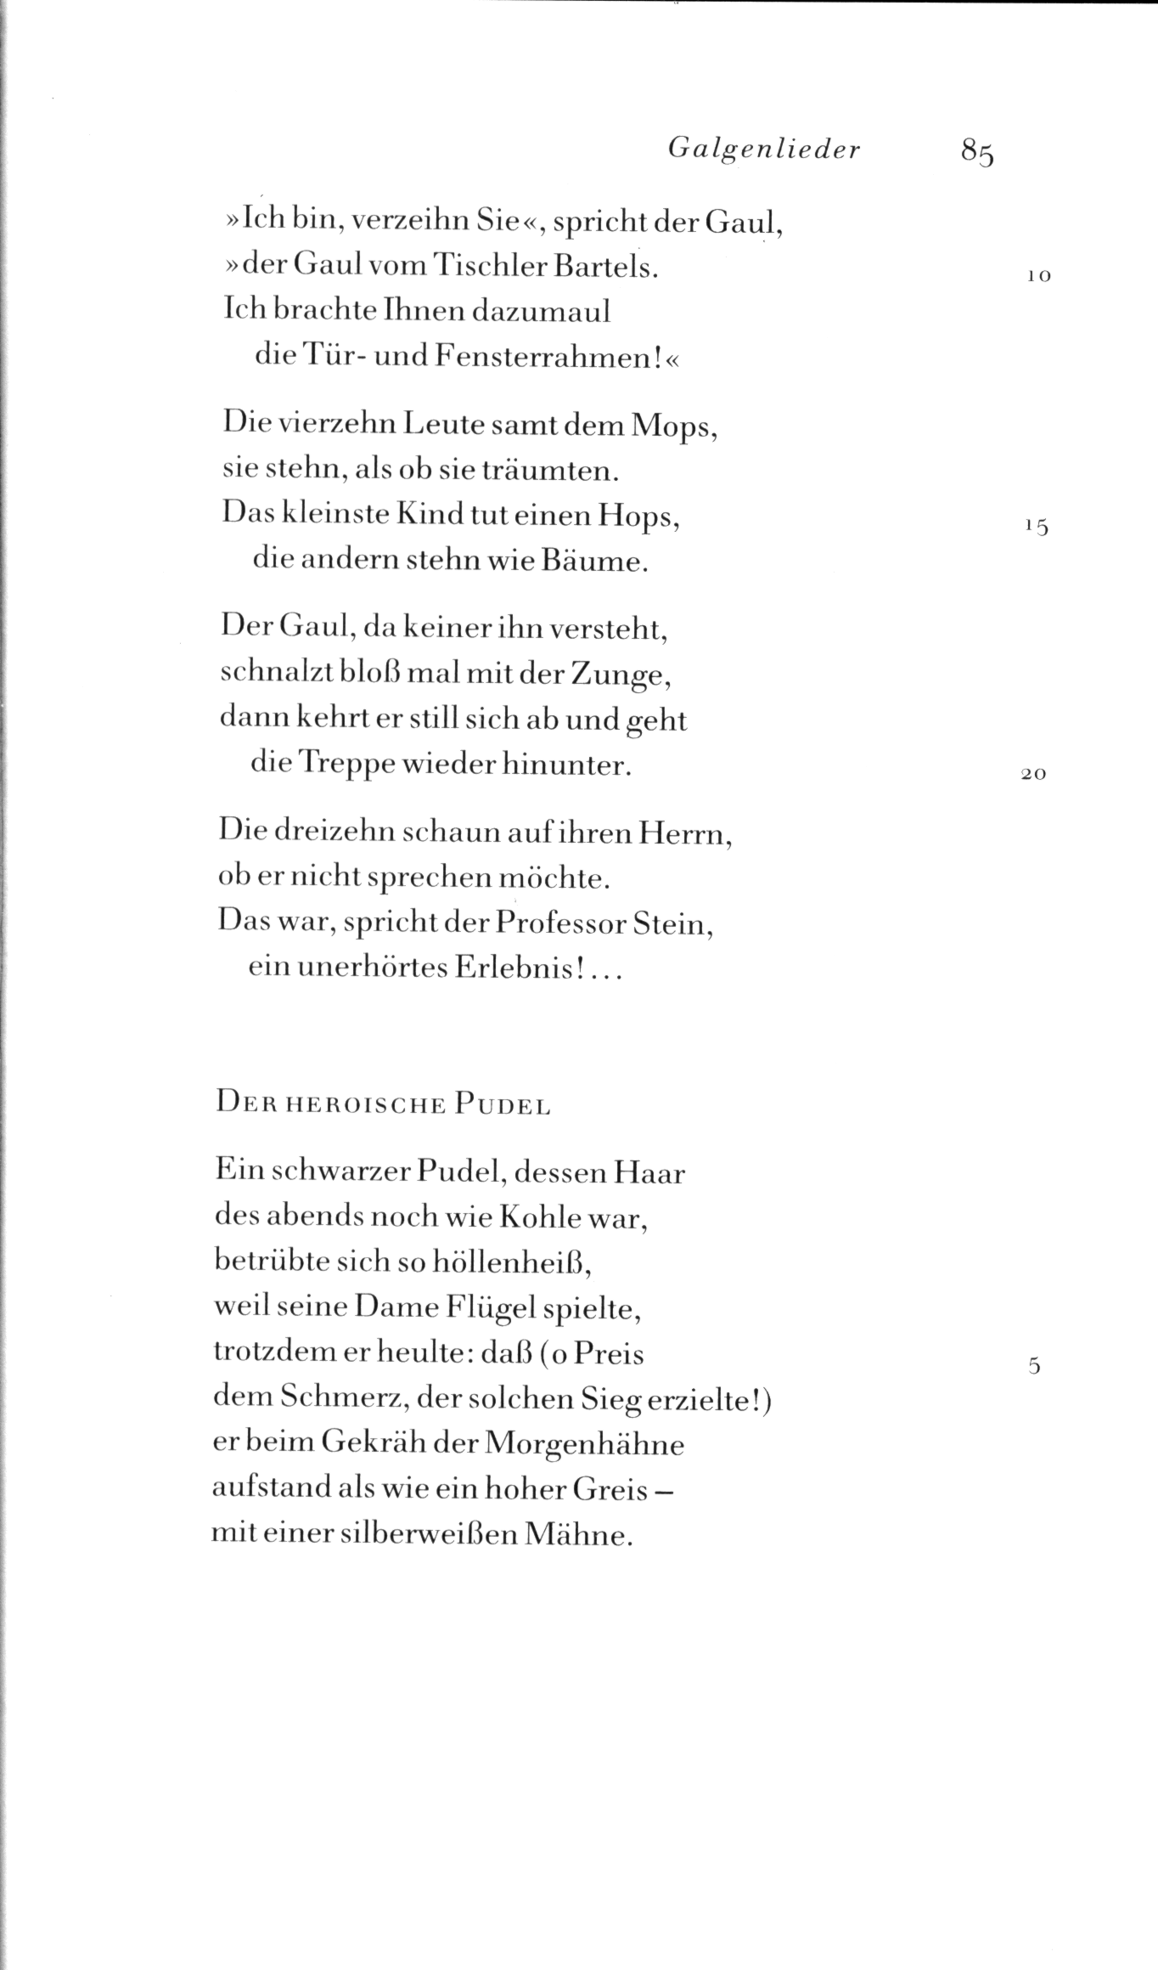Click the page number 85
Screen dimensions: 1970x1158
coord(977,152)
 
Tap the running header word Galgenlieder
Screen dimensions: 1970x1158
coord(764,150)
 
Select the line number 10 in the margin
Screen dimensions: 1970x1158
coord(1038,275)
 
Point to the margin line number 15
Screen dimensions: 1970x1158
coord(1037,527)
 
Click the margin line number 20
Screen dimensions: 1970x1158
coord(1033,775)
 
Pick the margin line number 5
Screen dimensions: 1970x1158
coord(1033,1366)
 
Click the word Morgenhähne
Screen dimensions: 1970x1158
coord(587,1445)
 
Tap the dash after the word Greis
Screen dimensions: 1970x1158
coord(666,1492)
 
